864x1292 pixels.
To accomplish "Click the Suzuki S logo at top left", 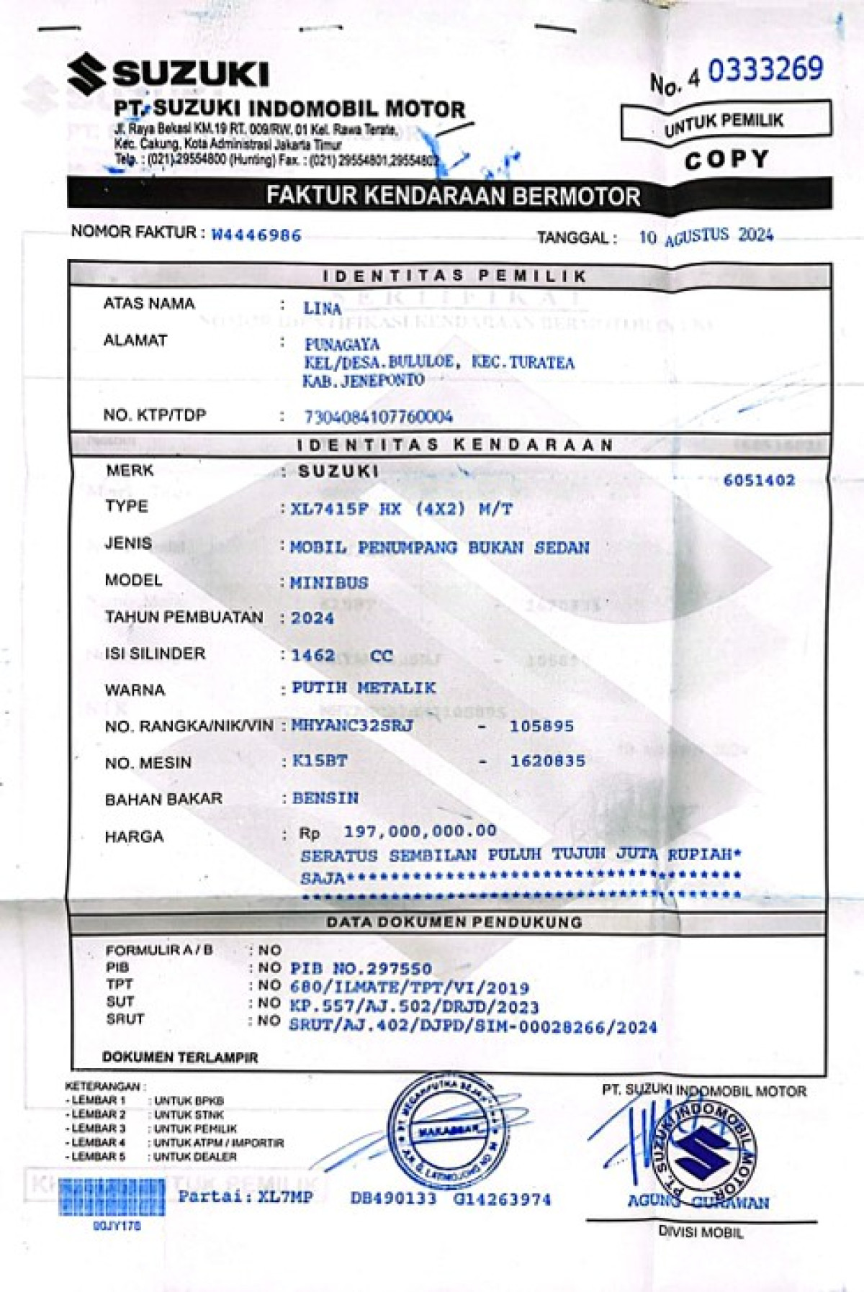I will (x=87, y=74).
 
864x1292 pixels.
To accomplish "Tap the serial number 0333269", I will (x=765, y=70).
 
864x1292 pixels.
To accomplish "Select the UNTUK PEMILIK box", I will (x=725, y=121).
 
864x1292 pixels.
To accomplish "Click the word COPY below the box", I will (x=726, y=159).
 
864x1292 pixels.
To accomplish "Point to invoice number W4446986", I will (x=256, y=235).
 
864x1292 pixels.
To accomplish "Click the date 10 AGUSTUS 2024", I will (x=706, y=236).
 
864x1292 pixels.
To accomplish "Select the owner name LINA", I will (x=322, y=308).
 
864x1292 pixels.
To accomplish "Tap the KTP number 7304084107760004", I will (x=378, y=416).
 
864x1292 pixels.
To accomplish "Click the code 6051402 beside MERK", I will (x=759, y=480).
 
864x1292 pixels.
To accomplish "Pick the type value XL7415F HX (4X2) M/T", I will (x=402, y=509).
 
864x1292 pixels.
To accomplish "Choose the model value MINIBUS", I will (x=329, y=582).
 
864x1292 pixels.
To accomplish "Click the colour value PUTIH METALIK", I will (x=364, y=688).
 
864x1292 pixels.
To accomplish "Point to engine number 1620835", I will (x=547, y=761).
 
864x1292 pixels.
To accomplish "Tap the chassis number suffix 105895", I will (x=541, y=726).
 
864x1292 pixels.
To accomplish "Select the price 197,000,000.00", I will (x=420, y=831).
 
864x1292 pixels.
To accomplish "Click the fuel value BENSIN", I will (x=325, y=798).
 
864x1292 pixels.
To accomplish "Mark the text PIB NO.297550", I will (x=361, y=968).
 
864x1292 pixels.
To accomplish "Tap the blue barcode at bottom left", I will (x=111, y=1197).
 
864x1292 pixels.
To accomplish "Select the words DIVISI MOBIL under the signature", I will (x=701, y=1232).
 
